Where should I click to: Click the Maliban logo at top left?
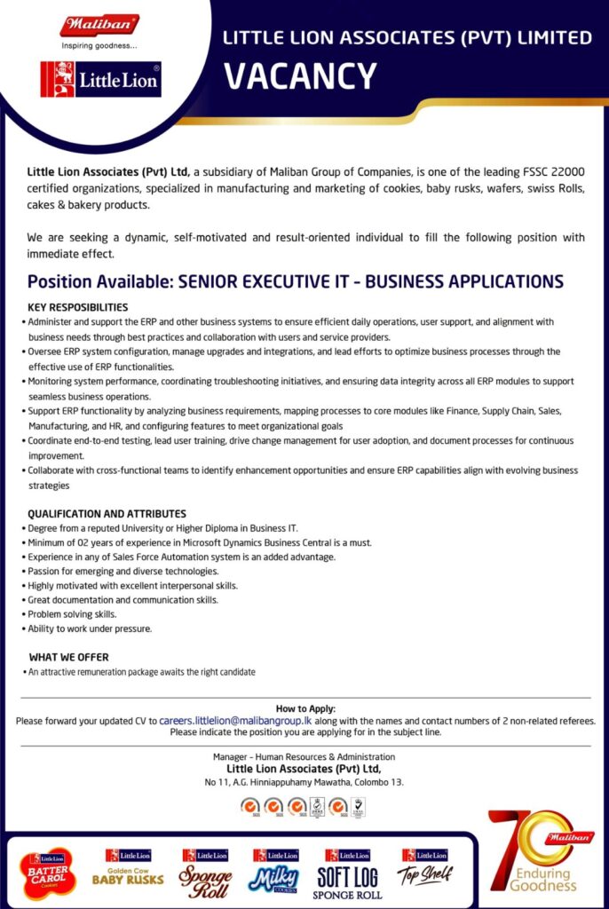[99, 26]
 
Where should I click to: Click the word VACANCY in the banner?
[300, 75]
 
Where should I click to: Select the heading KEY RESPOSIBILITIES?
[79, 306]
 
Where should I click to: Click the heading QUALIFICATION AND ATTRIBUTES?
[107, 513]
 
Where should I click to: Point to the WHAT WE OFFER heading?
[68, 657]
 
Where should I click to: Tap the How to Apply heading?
[304, 708]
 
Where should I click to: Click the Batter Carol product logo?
[49, 873]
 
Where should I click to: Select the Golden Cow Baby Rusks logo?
[128, 869]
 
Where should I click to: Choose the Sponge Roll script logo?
[206, 873]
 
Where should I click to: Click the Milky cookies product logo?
[274, 873]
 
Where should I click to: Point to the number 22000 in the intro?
[564, 171]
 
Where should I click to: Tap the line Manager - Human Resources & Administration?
[304, 757]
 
